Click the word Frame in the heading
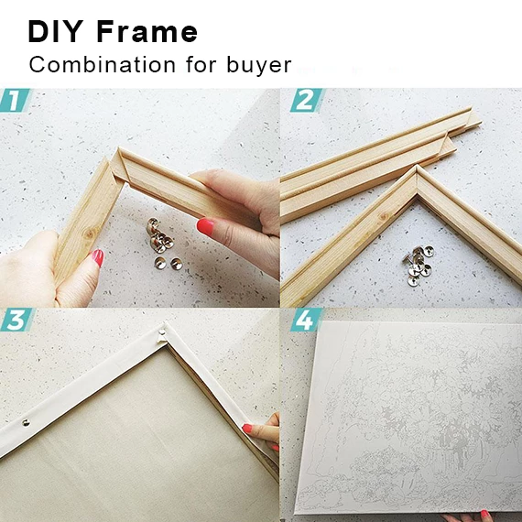(147, 32)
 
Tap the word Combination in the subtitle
(103, 65)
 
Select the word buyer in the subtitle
(259, 65)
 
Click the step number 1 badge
(15, 100)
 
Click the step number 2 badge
(307, 100)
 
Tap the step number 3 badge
(16, 320)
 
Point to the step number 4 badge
(306, 321)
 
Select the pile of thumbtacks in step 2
(418, 265)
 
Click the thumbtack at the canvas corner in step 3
(163, 332)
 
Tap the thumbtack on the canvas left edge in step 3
(26, 423)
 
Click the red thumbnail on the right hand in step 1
(205, 226)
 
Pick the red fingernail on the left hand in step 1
(97, 257)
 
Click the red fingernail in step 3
(248, 428)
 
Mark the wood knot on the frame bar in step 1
(90, 234)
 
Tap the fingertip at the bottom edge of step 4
(484, 516)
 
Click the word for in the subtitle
(201, 64)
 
